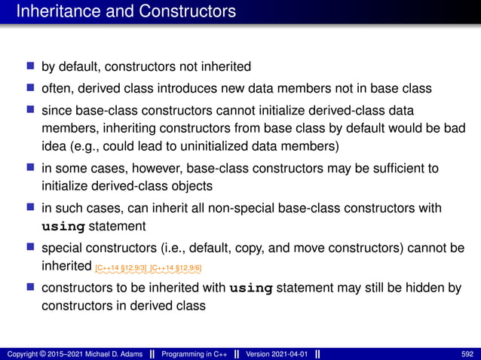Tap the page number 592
[x=467, y=354]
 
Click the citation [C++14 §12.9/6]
[x=176, y=268]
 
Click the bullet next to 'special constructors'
[x=30, y=246]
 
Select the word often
[x=56, y=88]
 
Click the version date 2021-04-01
[x=288, y=354]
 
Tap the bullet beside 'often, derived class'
[x=30, y=88]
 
